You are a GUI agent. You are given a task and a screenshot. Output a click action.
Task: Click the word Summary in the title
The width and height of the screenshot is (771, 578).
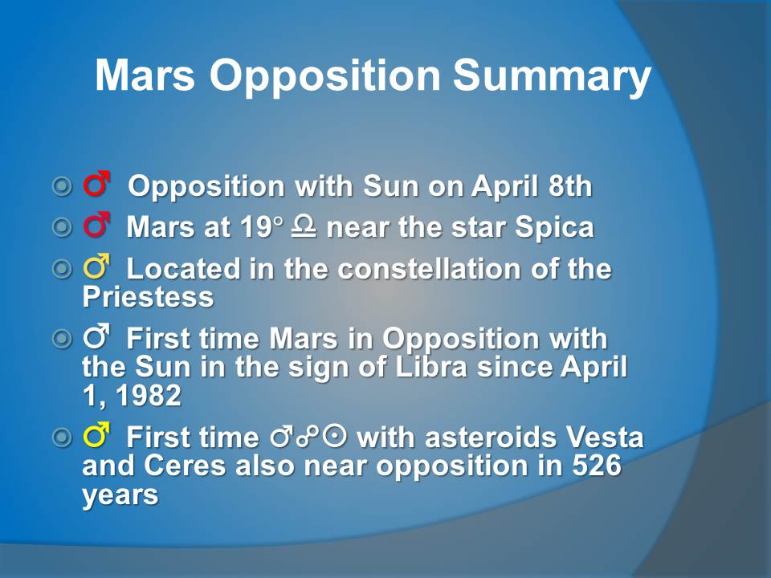(552, 76)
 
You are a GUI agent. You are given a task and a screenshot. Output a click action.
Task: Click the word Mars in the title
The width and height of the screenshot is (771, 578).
(145, 75)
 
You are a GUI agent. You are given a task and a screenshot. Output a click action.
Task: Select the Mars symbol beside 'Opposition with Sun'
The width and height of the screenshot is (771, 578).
(96, 184)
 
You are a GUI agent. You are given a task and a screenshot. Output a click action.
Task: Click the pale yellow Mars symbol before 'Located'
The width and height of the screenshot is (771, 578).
(96, 267)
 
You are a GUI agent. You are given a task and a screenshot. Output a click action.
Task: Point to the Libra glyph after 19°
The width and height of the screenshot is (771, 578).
(304, 226)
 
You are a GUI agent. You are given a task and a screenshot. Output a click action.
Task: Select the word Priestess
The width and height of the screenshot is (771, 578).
(148, 296)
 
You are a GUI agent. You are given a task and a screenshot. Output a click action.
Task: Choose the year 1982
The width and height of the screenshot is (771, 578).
(149, 395)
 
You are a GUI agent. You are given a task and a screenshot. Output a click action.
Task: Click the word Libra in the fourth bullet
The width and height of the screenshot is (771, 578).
(431, 367)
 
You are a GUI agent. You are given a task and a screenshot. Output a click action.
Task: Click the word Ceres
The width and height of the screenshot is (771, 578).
(185, 465)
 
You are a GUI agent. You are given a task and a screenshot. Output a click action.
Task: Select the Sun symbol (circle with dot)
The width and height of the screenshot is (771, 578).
(335, 436)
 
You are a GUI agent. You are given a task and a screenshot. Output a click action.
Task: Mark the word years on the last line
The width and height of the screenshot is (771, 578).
(120, 495)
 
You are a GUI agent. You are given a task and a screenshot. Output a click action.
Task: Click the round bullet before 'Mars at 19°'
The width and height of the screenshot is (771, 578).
(62, 226)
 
